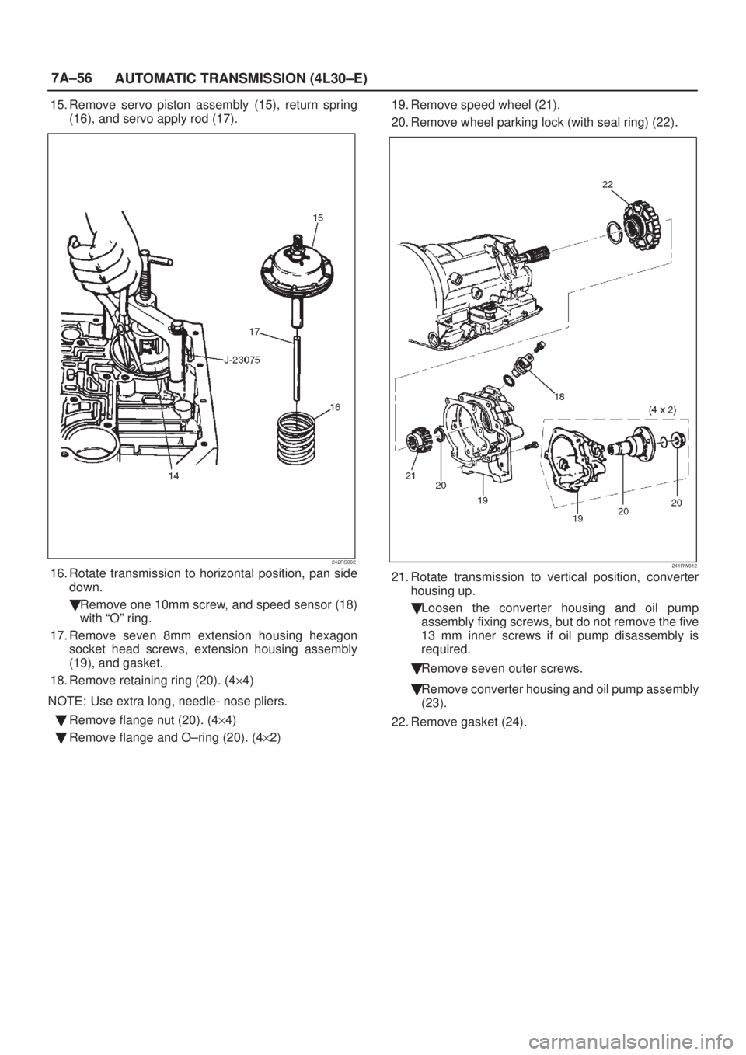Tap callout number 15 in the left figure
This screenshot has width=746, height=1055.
(x=319, y=218)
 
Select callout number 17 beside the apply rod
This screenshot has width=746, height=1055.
(x=255, y=332)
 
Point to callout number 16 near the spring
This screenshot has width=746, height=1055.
(x=335, y=406)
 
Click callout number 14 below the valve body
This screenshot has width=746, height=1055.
(x=174, y=476)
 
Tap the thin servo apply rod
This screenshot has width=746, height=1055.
(x=297, y=367)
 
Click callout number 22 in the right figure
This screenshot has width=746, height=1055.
(x=608, y=185)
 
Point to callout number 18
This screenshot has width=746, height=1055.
(x=560, y=396)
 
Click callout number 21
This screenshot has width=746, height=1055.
(x=410, y=475)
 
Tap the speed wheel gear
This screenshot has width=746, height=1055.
(x=417, y=440)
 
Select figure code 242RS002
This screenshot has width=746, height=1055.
(x=343, y=562)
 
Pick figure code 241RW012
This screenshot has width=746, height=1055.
(x=685, y=566)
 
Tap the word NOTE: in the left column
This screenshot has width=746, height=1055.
(x=67, y=702)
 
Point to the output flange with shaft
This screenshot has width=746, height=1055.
(x=629, y=442)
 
